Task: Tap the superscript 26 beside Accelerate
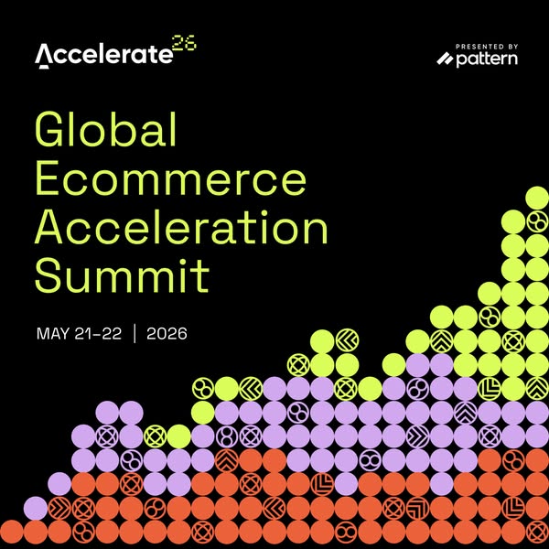pyautogui.click(x=184, y=46)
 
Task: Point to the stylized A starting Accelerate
pyautogui.click(x=44, y=57)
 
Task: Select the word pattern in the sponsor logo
pyautogui.click(x=487, y=59)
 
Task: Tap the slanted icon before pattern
pyautogui.click(x=446, y=59)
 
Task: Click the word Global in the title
pyautogui.click(x=105, y=133)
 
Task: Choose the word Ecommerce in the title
pyautogui.click(x=170, y=179)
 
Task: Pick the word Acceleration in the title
pyautogui.click(x=181, y=226)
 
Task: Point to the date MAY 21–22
pyautogui.click(x=78, y=333)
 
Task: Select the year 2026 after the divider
pyautogui.click(x=167, y=333)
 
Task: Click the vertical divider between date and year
pyautogui.click(x=135, y=333)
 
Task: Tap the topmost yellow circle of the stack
pyautogui.click(x=537, y=199)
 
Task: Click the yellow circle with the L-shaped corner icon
pyautogui.click(x=490, y=389)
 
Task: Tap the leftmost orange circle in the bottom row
pyautogui.click(x=11, y=531)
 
